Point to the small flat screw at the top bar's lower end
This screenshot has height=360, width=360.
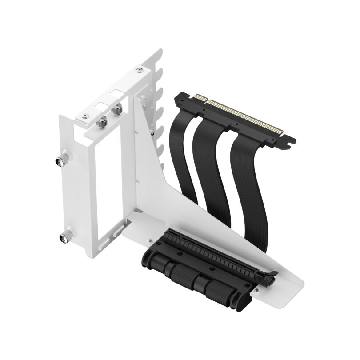coord(85,116)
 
